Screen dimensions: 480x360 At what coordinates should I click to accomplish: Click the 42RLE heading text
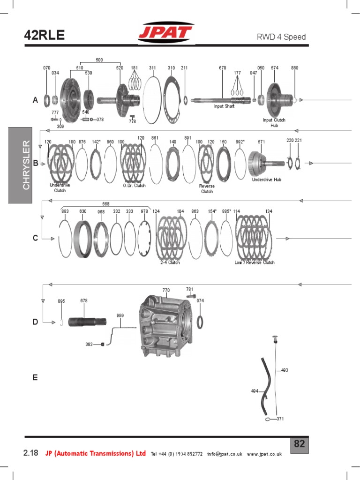point(44,35)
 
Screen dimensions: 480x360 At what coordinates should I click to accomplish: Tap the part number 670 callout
point(223,68)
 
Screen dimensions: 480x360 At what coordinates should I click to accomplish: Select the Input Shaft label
point(224,106)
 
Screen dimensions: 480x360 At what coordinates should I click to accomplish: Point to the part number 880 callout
point(294,68)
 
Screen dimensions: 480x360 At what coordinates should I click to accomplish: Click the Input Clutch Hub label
point(274,123)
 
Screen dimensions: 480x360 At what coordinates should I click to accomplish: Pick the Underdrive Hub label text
point(266,180)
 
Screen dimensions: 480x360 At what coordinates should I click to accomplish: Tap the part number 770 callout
point(166,291)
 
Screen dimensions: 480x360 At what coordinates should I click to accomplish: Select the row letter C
point(35,238)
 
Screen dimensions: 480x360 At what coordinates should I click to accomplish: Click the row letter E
point(35,377)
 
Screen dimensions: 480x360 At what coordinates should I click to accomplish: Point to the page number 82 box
point(300,444)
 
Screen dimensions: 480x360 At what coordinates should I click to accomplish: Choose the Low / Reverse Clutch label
point(255,263)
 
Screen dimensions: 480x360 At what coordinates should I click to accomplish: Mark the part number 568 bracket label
point(105,204)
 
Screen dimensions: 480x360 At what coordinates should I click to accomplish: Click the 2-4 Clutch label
point(170,263)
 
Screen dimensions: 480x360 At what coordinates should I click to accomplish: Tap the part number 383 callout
point(89,345)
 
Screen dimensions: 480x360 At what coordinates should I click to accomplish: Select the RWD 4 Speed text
point(281,37)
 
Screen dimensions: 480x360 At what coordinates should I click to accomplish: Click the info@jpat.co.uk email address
point(226,454)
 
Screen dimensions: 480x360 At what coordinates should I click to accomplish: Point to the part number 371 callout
point(280,419)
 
